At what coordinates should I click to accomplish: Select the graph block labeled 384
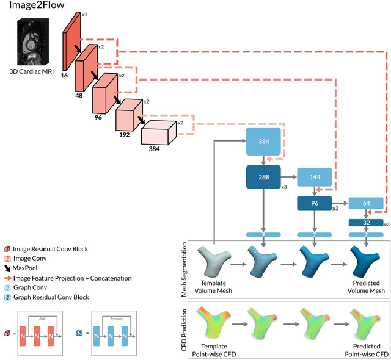[x=263, y=142]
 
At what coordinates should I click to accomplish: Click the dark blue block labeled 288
[x=263, y=178]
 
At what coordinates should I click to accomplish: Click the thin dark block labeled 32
[x=365, y=223]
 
